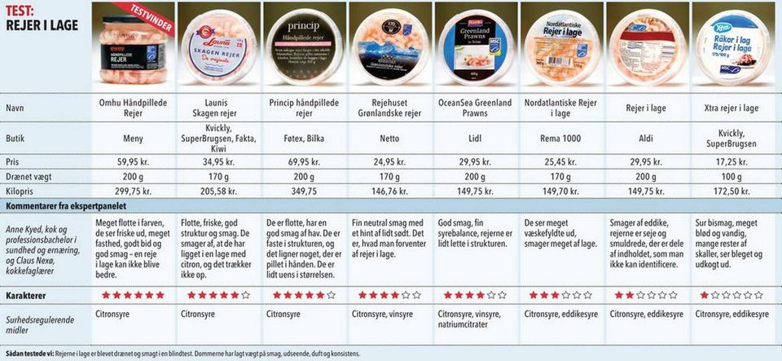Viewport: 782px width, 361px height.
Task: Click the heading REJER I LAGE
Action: click(x=42, y=25)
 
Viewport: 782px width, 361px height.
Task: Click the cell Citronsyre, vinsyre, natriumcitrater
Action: click(x=474, y=318)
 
